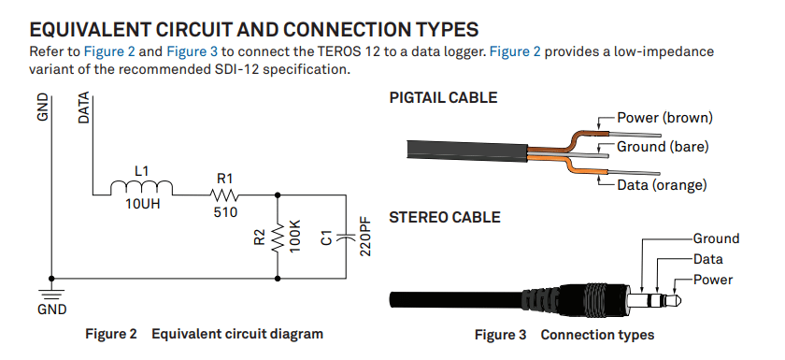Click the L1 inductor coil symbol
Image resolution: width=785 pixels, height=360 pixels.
[x=142, y=188]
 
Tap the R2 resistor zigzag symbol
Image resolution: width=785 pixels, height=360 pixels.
[x=278, y=238]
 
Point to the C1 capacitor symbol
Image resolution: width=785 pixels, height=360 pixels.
[x=346, y=237]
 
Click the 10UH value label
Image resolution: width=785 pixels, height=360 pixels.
[x=143, y=204]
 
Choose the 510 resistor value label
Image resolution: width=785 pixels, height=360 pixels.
[x=225, y=212]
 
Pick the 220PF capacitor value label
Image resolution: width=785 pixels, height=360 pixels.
[x=365, y=237]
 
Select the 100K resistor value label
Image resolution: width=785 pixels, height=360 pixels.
[x=295, y=237]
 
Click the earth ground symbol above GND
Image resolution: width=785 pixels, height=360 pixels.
[x=51, y=294]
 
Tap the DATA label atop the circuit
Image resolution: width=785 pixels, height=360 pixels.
[x=84, y=108]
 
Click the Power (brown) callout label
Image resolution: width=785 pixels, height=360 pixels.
[x=664, y=118]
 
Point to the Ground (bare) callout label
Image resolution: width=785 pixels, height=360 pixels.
[x=663, y=147]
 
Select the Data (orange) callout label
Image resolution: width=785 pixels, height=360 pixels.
[x=662, y=185]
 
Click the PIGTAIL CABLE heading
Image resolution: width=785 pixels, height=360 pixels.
[x=443, y=97]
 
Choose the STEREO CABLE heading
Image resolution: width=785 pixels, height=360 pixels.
[x=445, y=217]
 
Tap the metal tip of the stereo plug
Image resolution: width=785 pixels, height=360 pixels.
[x=674, y=301]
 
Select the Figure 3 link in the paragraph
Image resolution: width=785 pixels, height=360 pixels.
[x=192, y=51]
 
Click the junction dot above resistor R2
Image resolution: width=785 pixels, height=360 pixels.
[x=278, y=194]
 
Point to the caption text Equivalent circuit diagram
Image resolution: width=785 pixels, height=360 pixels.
[x=237, y=334]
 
